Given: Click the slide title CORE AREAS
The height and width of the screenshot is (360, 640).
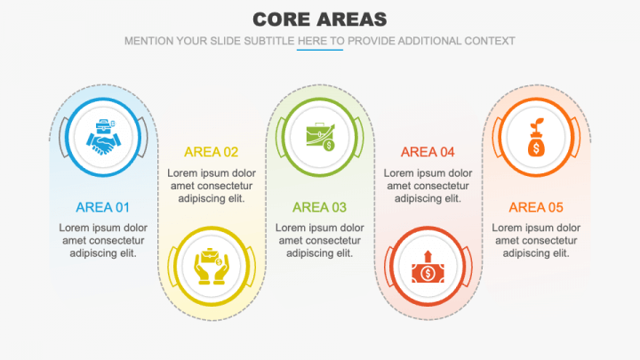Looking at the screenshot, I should point(320,19).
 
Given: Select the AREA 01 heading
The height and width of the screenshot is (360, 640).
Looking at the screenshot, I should point(103,207).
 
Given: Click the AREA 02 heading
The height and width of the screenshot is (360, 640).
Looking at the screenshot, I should point(212,152).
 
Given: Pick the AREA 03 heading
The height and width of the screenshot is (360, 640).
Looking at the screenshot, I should point(320,207).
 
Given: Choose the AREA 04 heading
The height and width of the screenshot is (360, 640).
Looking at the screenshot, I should point(428,152).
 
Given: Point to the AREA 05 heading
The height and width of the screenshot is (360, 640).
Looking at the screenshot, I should point(536,207).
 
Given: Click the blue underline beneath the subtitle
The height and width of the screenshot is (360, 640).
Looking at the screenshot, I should point(320,50).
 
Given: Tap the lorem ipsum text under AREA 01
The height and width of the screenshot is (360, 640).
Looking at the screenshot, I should point(103,240).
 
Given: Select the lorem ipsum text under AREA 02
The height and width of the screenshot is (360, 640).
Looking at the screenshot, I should point(212,185).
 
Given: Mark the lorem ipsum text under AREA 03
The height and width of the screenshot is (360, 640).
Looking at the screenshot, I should point(320,240).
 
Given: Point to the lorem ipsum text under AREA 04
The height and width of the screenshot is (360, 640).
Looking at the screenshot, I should point(428,185).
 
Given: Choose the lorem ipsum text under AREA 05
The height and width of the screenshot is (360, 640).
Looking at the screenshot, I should point(536,240).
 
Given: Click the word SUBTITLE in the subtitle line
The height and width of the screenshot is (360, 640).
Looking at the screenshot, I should point(267,41).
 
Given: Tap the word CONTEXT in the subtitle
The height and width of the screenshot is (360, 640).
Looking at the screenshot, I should point(488,41).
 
